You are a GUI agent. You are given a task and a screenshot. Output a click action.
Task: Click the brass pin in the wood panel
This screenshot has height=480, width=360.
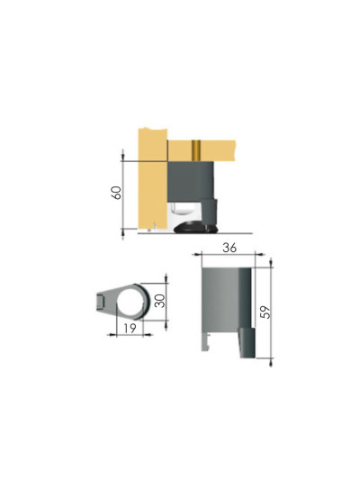pos(195,149)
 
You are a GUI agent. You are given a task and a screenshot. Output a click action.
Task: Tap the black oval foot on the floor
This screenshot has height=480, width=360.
pos(197,226)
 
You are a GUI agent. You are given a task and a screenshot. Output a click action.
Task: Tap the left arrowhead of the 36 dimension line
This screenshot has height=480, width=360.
pos(200,256)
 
